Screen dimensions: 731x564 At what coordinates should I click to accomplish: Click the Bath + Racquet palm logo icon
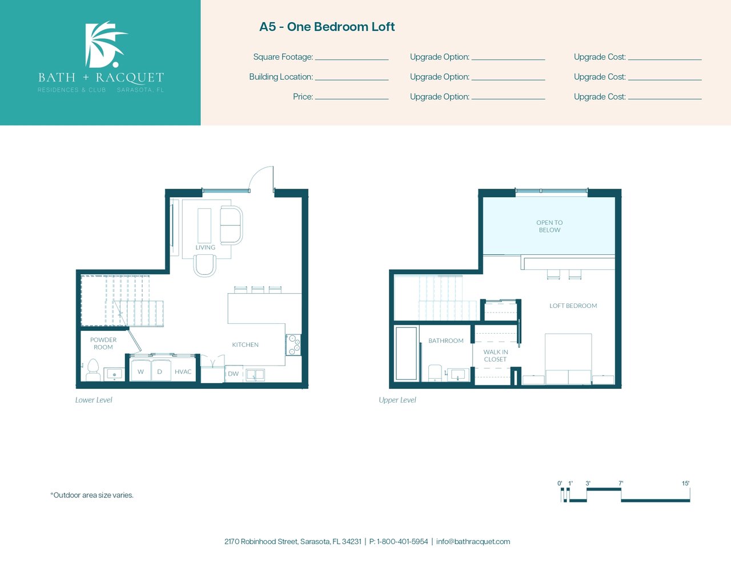(x=105, y=44)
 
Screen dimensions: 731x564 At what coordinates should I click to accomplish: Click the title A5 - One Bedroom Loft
(x=327, y=27)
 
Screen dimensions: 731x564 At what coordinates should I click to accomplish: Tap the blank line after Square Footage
(x=352, y=59)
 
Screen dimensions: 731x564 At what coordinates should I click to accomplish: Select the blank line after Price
(x=352, y=99)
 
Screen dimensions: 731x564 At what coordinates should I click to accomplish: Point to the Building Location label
(x=281, y=77)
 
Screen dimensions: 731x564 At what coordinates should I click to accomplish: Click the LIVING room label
(x=205, y=247)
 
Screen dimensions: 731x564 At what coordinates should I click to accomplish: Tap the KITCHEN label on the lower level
(x=245, y=344)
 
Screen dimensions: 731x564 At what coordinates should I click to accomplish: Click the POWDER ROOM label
(x=103, y=343)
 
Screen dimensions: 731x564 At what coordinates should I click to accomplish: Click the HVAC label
(x=183, y=371)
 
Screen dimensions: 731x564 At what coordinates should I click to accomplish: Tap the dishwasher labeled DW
(x=233, y=374)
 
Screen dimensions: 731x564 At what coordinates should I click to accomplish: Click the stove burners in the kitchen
(x=294, y=344)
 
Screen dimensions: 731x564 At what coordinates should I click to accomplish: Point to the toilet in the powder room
(x=93, y=370)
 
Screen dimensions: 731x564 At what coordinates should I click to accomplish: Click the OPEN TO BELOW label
(x=549, y=226)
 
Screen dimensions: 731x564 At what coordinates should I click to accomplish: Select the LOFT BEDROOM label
(x=573, y=306)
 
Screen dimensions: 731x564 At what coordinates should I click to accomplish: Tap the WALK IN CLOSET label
(x=496, y=355)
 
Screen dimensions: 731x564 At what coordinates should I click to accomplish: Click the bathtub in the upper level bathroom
(x=407, y=354)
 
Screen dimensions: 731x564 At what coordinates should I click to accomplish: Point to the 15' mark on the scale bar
(x=686, y=484)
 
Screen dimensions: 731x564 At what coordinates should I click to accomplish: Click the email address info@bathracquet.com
(x=473, y=542)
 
